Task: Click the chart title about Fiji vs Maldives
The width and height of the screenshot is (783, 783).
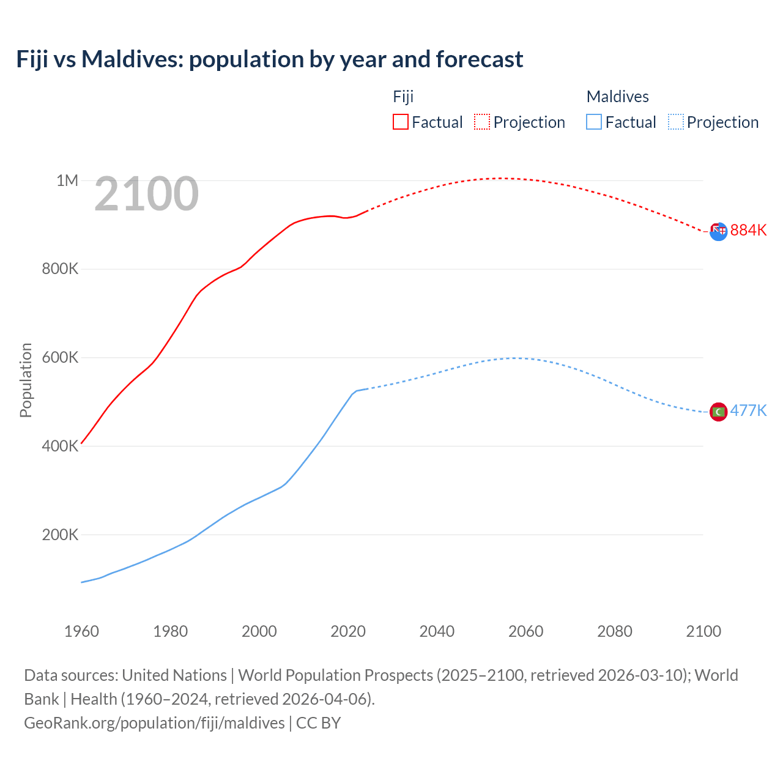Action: coord(270,59)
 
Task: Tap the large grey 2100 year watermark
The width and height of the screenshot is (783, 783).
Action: coord(146,194)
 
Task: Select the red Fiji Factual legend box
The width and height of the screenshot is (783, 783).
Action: coord(400,122)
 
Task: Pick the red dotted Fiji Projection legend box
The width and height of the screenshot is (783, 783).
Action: coord(482,122)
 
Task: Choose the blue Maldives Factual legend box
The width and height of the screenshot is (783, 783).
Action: coord(594,122)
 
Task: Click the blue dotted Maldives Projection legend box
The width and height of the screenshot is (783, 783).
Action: coord(675,122)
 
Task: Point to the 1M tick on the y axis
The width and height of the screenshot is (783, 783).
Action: coord(67,180)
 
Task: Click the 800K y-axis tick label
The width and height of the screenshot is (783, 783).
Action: coord(60,269)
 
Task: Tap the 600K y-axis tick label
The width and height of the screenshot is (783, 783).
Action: coord(60,358)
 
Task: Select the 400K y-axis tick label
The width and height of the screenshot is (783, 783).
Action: coord(60,447)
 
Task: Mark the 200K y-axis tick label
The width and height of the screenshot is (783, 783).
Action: coord(60,535)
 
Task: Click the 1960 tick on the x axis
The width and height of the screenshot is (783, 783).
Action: coord(81,631)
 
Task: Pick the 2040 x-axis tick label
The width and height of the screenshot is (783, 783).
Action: coord(437,631)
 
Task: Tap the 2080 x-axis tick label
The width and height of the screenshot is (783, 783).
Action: coord(615,631)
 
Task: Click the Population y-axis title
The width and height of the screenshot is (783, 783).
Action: coord(26,380)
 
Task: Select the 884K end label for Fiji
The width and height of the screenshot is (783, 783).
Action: coord(748,231)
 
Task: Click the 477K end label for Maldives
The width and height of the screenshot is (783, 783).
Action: coord(748,410)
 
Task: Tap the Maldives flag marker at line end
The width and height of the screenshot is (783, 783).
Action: coord(718,412)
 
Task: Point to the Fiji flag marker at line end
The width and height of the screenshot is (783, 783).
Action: coord(718,231)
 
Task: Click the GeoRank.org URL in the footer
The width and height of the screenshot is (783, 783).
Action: coord(154,723)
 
